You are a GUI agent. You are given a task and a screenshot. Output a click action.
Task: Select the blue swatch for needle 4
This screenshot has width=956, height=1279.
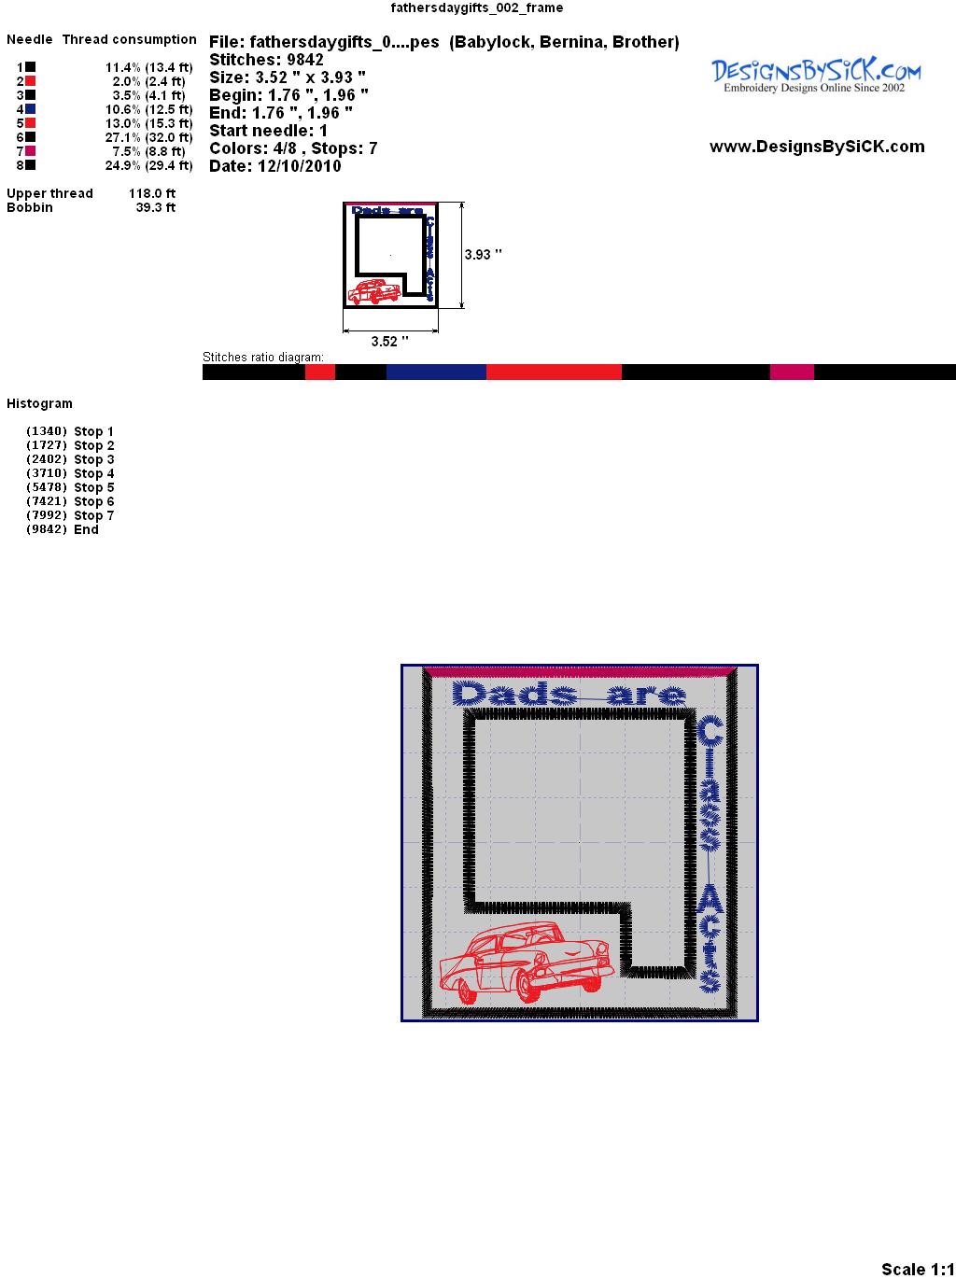pos(30,109)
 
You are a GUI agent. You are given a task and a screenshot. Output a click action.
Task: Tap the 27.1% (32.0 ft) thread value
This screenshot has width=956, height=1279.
pos(148,137)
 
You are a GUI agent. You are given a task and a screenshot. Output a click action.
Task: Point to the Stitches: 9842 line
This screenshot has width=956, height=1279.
pos(266,60)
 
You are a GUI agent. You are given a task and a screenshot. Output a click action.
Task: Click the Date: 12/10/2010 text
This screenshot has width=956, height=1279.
pos(275,166)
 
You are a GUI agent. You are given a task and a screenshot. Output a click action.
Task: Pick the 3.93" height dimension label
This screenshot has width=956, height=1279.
pos(483,255)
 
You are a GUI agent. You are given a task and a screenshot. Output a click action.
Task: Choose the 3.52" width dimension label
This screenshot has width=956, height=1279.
pos(389,342)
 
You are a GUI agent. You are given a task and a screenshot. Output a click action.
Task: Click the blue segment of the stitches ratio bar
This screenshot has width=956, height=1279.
pos(436,372)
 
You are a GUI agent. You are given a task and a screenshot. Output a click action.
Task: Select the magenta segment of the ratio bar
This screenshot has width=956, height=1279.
pos(792,372)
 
